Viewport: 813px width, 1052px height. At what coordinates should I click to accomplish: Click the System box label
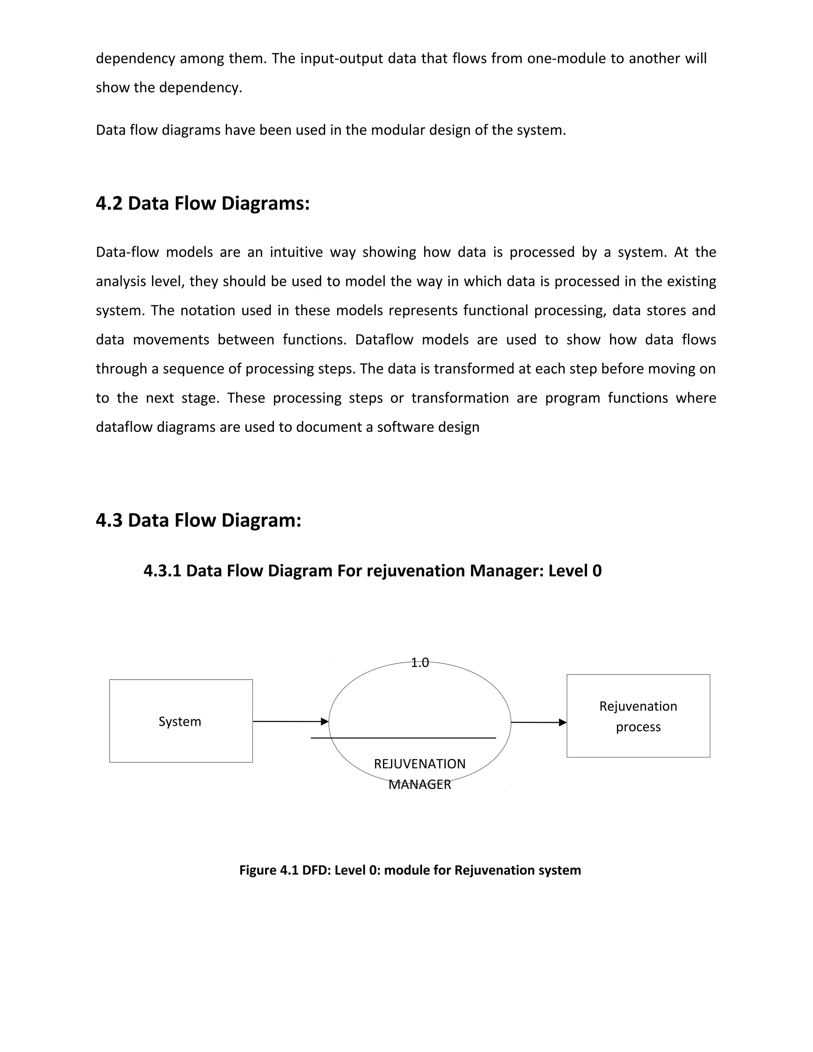pos(180,722)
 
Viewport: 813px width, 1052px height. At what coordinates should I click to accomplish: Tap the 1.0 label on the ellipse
pos(420,663)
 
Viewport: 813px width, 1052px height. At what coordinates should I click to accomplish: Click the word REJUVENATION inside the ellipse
pos(420,764)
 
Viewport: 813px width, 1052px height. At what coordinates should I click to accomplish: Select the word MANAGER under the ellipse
pos(420,785)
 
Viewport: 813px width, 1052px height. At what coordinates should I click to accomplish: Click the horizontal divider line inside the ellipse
pos(404,738)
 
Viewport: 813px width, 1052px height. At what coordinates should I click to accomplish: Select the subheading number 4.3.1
pos(162,571)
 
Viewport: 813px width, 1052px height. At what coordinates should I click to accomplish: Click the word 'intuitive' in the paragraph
pos(296,252)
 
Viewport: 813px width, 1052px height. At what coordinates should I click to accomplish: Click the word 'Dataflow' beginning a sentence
pos(384,339)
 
